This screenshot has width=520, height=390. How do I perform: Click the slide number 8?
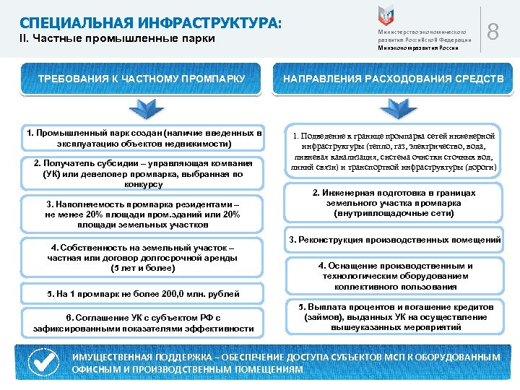click(x=494, y=32)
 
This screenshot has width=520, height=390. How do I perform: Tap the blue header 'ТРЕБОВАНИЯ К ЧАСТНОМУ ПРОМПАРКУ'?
click(x=143, y=78)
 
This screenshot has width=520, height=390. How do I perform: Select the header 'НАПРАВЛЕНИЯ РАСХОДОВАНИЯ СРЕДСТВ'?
click(x=394, y=78)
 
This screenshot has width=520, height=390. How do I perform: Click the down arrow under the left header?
click(x=143, y=110)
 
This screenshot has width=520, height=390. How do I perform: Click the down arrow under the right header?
click(x=394, y=110)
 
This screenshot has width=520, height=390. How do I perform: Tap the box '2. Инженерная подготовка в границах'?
click(x=394, y=204)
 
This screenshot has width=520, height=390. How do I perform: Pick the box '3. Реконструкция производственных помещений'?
click(x=394, y=240)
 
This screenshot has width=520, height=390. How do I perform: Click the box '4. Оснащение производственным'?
click(x=394, y=276)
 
